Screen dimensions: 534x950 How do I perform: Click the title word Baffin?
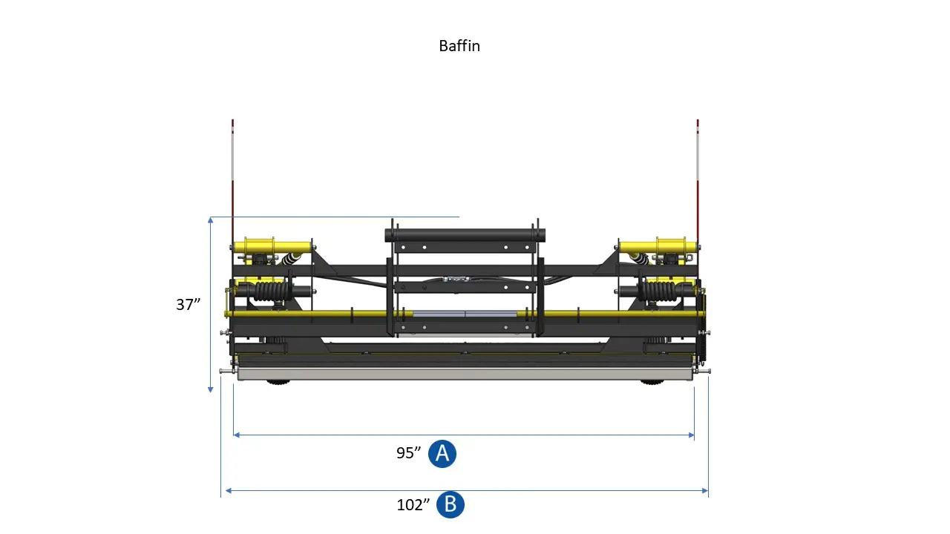coord(459,46)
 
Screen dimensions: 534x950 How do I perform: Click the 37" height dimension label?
coord(189,304)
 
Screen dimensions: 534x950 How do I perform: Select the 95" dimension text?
coord(409,453)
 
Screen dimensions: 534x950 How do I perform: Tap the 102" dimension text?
coord(413,505)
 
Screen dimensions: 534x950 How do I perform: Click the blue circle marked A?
coord(443,453)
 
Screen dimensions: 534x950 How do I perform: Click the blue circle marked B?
coord(451,505)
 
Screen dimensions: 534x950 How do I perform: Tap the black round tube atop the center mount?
coord(465,234)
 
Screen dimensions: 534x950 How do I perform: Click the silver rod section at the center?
coord(465,314)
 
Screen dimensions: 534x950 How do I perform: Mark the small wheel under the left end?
coord(278,383)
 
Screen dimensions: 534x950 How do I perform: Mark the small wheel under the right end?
coord(652,383)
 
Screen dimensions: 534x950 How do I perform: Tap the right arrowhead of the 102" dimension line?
coord(705,490)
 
